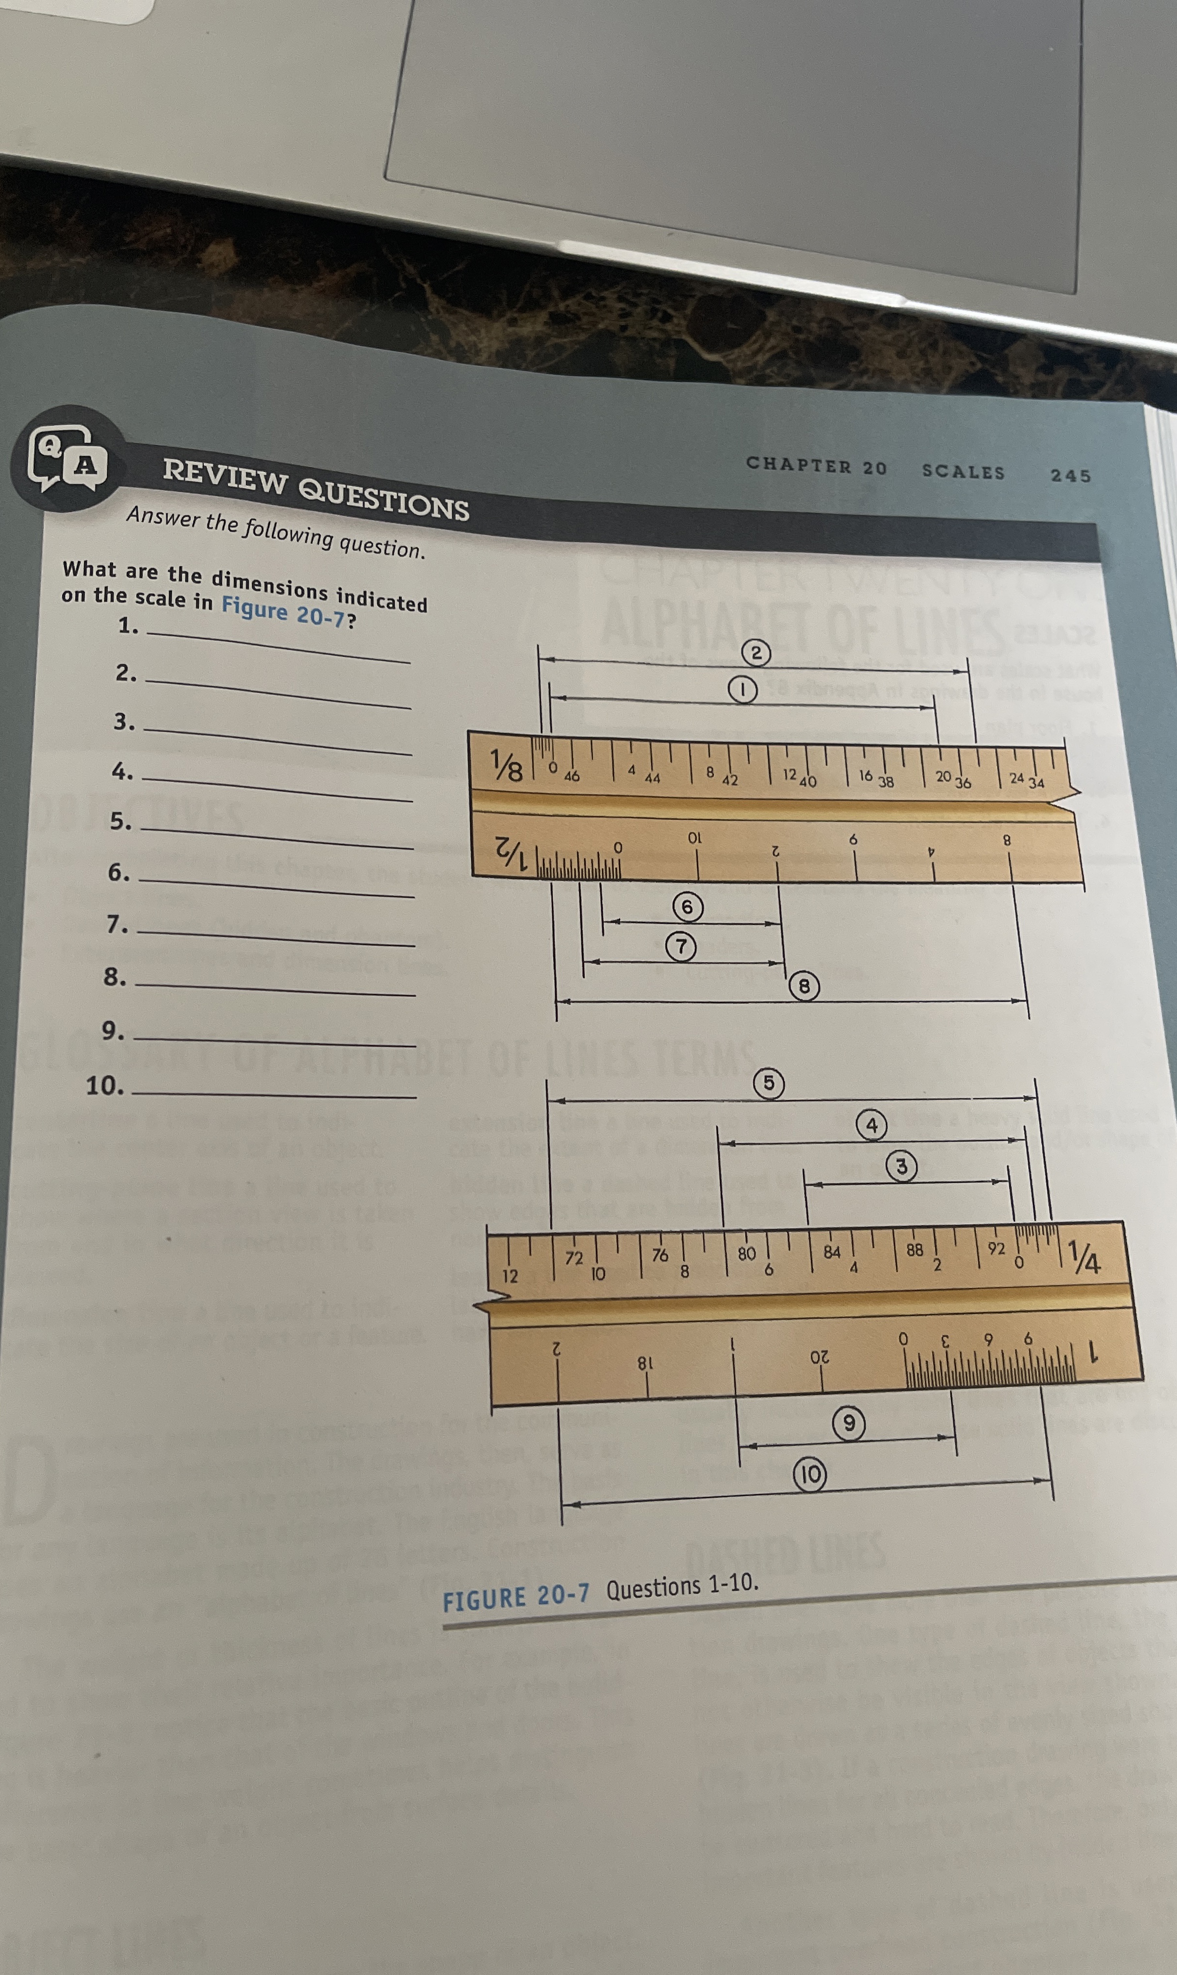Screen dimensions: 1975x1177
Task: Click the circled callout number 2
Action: pyautogui.click(x=756, y=653)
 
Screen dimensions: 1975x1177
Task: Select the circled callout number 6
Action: pyautogui.click(x=687, y=907)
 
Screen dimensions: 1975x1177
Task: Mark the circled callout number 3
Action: pyautogui.click(x=901, y=1166)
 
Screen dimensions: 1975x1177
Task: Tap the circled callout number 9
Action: pyautogui.click(x=848, y=1423)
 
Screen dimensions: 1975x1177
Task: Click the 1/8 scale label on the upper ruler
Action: pyautogui.click(x=506, y=765)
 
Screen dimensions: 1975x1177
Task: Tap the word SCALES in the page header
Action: pyautogui.click(x=963, y=471)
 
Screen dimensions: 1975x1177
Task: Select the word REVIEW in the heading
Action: pyautogui.click(x=225, y=479)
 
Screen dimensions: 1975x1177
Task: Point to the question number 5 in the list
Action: pyautogui.click(x=120, y=821)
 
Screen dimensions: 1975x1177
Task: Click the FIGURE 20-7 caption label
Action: pyautogui.click(x=516, y=1596)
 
